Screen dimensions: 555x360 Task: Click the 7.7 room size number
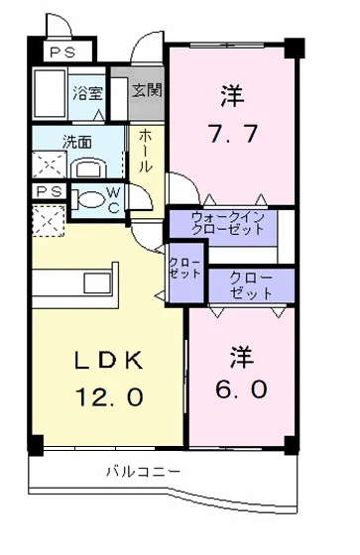[235, 133]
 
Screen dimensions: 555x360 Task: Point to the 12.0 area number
[110, 397]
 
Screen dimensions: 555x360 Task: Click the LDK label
[110, 359]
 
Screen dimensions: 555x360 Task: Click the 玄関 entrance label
[148, 90]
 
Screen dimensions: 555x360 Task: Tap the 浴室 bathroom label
[88, 94]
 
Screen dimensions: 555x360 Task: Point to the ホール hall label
[145, 150]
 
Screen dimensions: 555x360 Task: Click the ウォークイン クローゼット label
[228, 221]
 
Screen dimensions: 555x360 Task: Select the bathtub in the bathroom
[49, 93]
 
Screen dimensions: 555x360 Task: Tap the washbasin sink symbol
[88, 165]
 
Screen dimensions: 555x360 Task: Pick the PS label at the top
[63, 53]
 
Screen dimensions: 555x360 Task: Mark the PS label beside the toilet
[47, 191]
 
